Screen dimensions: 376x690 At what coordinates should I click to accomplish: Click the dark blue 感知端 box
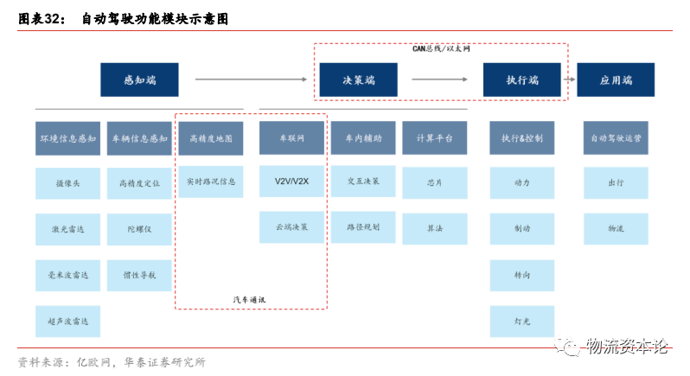click(x=139, y=80)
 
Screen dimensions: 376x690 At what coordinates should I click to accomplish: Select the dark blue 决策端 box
click(x=358, y=80)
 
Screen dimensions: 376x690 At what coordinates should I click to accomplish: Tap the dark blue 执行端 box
click(x=521, y=80)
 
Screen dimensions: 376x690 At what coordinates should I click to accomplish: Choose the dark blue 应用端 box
click(x=615, y=80)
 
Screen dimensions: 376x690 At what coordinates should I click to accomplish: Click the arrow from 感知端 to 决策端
click(x=251, y=80)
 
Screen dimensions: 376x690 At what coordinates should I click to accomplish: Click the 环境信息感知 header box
click(x=67, y=137)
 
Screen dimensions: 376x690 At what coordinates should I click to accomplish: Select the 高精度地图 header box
click(x=210, y=137)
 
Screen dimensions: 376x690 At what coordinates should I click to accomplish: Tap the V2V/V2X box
click(x=291, y=182)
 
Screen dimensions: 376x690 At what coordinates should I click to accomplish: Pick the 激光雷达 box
click(x=67, y=228)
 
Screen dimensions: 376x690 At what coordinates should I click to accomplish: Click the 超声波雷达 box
click(x=67, y=321)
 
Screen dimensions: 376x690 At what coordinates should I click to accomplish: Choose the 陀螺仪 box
click(x=138, y=228)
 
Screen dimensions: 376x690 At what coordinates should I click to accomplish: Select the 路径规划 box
click(x=363, y=227)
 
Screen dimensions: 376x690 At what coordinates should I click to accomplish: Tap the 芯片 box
click(x=434, y=182)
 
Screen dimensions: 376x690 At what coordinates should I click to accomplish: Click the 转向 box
click(x=521, y=275)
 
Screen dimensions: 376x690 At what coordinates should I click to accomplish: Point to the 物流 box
click(x=615, y=228)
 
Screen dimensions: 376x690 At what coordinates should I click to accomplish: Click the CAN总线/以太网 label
click(x=441, y=49)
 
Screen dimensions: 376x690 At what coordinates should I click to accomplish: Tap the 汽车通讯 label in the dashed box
click(x=250, y=299)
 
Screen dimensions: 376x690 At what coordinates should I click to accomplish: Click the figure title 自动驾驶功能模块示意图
click(x=156, y=17)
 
